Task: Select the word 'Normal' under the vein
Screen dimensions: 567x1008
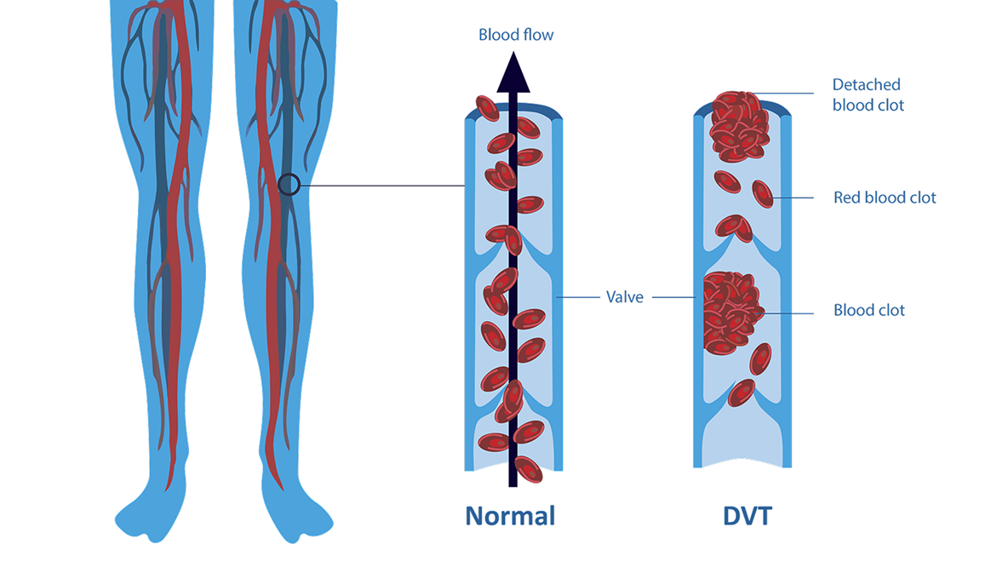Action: pos(510,516)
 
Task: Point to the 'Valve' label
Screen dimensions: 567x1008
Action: pos(624,297)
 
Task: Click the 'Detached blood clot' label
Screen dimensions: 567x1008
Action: pos(868,94)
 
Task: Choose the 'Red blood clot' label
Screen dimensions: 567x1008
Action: pos(885,198)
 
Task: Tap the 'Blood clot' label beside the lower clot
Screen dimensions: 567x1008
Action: pos(869,311)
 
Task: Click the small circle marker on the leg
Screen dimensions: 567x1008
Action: pos(289,184)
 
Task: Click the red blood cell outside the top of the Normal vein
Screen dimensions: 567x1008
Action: pos(487,107)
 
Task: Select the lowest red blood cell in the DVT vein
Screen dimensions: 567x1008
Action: pos(742,392)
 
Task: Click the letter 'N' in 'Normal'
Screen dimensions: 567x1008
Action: pos(474,516)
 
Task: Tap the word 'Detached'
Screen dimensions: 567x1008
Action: pos(866,85)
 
